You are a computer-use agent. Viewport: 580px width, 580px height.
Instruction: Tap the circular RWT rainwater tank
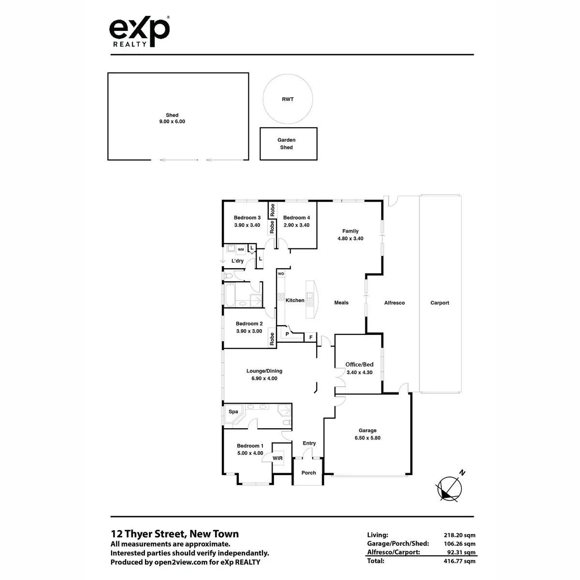pos(288,99)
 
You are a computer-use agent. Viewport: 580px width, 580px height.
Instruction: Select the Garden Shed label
pos(287,144)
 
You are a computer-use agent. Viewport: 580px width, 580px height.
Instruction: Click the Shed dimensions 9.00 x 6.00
pos(172,122)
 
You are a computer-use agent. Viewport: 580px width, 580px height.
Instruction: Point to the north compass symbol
pos(449,487)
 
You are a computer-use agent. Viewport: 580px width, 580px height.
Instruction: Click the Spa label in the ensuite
pos(233,412)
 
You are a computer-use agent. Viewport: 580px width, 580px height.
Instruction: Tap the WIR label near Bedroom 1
pos(278,458)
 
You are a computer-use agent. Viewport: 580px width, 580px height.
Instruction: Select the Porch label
pos(308,473)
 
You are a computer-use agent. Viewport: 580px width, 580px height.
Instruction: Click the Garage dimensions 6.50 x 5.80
pos(367,438)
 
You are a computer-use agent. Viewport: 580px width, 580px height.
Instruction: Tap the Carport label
pos(440,303)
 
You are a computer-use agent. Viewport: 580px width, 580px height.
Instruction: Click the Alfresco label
pos(394,303)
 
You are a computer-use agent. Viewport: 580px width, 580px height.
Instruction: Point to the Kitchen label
pos(295,300)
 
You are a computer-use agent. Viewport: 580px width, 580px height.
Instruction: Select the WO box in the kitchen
pos(281,274)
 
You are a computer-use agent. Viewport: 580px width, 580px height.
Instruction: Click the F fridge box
pos(310,337)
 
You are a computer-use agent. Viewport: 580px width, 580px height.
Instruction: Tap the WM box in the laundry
pos(241,249)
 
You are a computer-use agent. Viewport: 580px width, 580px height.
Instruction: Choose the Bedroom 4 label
pos(296,217)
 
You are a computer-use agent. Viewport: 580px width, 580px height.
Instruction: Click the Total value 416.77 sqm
pos(459,561)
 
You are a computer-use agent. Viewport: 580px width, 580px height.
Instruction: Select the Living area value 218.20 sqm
pos(459,535)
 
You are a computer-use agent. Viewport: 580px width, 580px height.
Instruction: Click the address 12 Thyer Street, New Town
pos(175,534)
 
